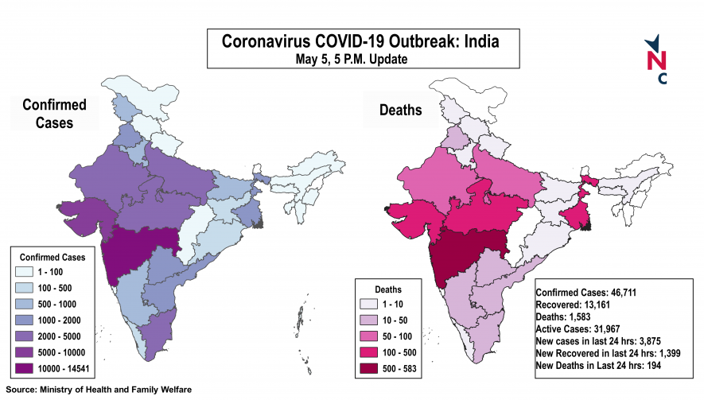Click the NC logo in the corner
[x=656, y=60]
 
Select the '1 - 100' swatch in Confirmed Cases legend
[x=28, y=272]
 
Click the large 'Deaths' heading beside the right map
[x=402, y=111]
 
